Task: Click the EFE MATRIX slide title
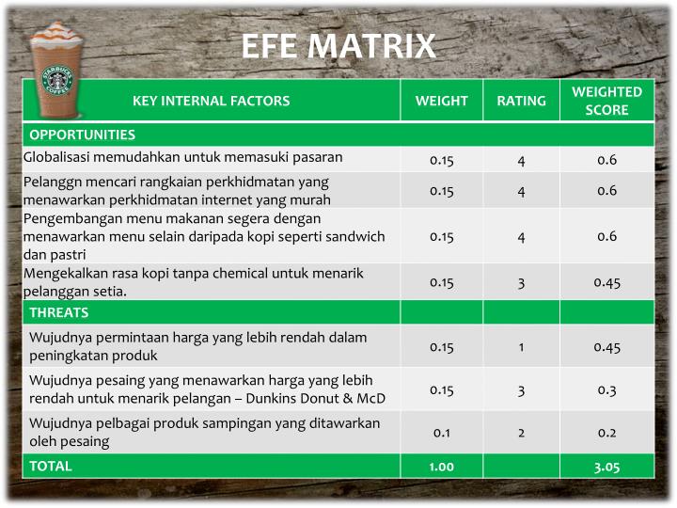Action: (338, 46)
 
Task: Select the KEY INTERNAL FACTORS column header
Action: (211, 101)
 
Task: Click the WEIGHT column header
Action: (441, 101)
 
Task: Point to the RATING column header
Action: (521, 101)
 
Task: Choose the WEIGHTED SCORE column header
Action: (606, 101)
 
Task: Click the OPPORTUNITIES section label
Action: (82, 135)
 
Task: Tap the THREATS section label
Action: (58, 312)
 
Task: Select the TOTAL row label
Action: (50, 466)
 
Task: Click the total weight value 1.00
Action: (441, 467)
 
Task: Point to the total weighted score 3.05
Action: (606, 467)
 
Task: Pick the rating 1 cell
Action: (521, 347)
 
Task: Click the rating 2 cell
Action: (521, 433)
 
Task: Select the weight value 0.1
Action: (441, 433)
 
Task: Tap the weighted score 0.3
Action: (606, 389)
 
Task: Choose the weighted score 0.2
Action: (606, 433)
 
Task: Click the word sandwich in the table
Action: (357, 236)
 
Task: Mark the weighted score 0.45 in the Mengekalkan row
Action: (606, 282)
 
